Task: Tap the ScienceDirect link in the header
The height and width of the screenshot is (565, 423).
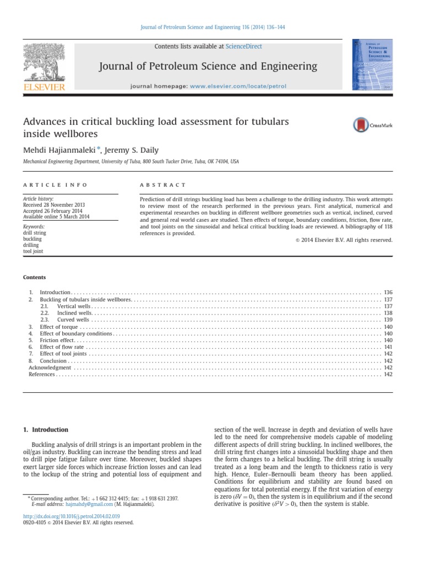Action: coord(243,47)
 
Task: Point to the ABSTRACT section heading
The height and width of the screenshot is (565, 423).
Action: coord(164,185)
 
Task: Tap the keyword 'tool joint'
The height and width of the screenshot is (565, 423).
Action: coord(34,251)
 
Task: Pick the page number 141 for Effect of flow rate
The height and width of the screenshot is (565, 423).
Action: coord(388,347)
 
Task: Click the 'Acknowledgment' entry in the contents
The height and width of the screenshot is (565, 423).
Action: coord(50,367)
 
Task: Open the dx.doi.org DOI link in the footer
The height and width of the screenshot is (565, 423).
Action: coord(67,516)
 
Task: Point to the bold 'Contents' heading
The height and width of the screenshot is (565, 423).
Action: coord(34,277)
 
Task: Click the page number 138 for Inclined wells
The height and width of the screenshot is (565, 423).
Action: coord(388,313)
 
